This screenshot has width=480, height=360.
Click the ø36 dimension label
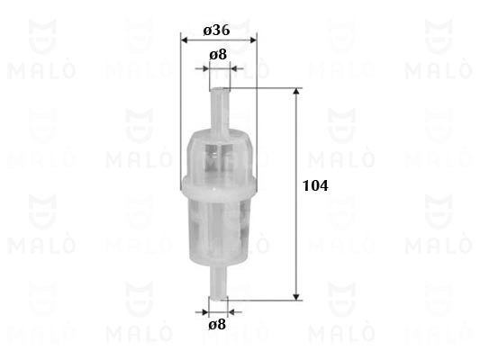(x=216, y=31)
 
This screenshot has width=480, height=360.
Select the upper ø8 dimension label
(x=218, y=55)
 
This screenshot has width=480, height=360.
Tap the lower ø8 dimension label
(x=217, y=325)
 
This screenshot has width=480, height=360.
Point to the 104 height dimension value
(x=315, y=185)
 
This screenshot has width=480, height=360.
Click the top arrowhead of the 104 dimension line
(x=296, y=92)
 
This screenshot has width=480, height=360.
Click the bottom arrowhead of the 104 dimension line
(x=296, y=297)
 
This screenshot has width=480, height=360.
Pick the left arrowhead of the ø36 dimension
(x=185, y=40)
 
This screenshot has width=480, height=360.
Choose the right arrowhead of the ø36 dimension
(x=253, y=40)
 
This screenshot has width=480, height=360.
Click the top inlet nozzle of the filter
(x=220, y=110)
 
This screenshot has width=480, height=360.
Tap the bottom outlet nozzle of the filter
(x=218, y=283)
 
